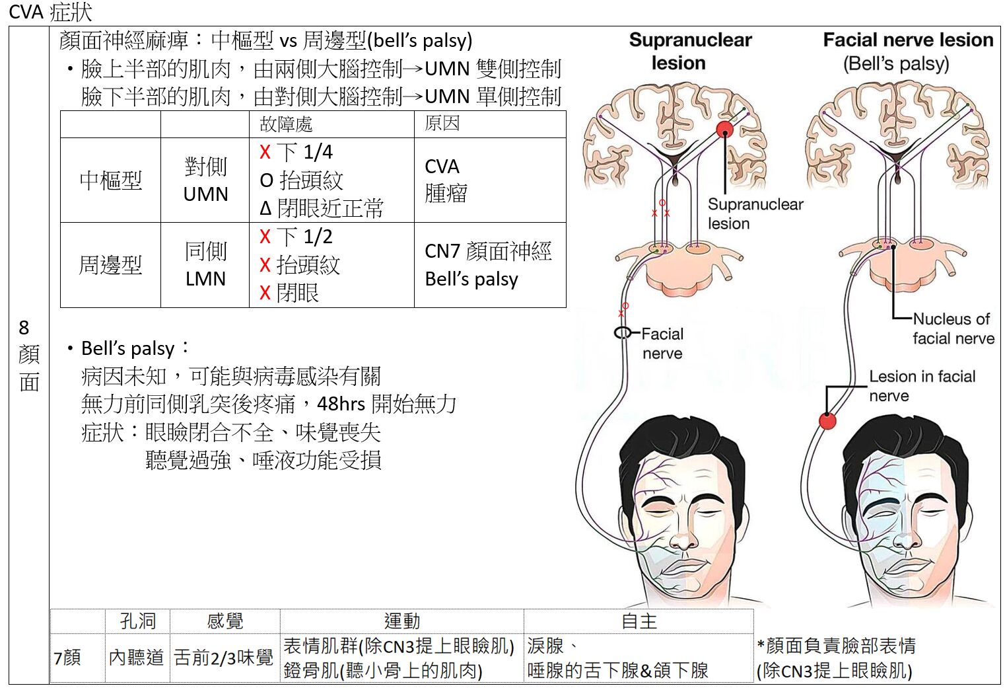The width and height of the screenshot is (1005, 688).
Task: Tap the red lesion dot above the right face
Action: [827, 420]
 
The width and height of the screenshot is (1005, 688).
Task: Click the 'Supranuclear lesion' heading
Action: [690, 51]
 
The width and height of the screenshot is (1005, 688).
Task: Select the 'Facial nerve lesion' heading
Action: [907, 40]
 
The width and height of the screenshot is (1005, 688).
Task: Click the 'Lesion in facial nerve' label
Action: [921, 385]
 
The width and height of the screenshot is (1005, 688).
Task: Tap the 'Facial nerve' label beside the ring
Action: [662, 343]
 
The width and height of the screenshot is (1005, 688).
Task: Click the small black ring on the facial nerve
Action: [622, 332]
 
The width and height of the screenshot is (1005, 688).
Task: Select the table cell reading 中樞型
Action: [110, 180]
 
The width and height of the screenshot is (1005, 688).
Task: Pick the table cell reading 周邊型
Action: [110, 265]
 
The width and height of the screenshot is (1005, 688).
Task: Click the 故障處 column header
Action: [286, 124]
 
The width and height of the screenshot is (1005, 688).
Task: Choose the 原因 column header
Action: [442, 124]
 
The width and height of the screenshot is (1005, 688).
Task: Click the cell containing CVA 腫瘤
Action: [446, 180]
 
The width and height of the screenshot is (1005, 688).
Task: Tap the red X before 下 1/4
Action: [265, 152]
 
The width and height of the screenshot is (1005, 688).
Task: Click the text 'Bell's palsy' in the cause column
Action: [471, 279]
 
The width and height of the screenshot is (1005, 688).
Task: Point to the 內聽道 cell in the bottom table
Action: [137, 657]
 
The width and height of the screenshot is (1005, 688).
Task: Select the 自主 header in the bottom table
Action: [639, 621]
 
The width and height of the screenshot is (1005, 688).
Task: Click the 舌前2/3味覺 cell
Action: [224, 657]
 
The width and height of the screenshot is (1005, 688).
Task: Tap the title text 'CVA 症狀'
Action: [50, 12]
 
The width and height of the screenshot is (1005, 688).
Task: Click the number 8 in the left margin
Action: [24, 327]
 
